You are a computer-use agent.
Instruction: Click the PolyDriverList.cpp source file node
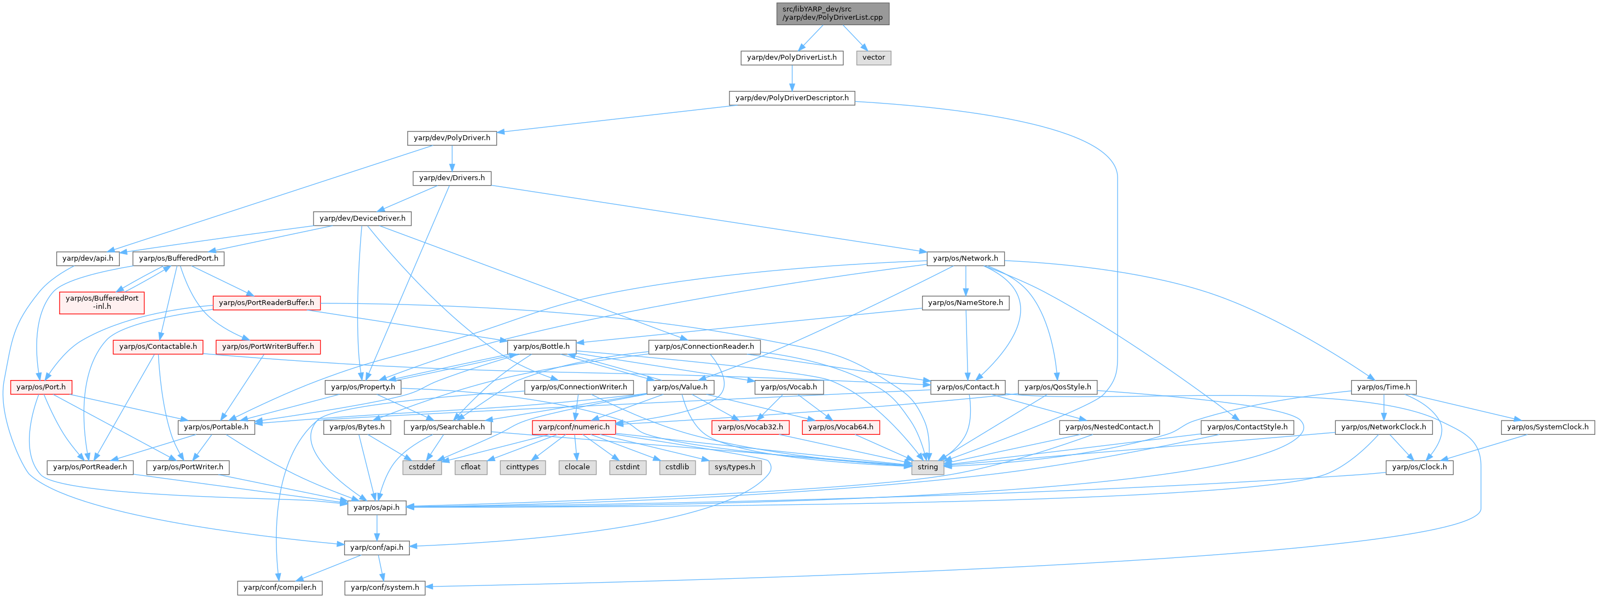(x=832, y=14)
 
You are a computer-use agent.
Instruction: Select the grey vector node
(x=873, y=58)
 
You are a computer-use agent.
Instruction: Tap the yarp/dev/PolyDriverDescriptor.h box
(x=791, y=98)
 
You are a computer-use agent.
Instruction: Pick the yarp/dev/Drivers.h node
(x=451, y=178)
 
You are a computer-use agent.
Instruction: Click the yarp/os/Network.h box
(x=965, y=258)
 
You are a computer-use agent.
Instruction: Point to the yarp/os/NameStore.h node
(x=965, y=303)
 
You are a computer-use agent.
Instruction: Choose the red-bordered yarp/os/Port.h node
(x=41, y=387)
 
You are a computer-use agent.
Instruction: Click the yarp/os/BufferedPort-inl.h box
(x=102, y=302)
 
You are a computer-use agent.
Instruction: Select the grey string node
(x=928, y=467)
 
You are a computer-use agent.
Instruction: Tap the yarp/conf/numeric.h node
(x=574, y=427)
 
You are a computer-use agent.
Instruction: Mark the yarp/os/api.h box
(x=377, y=507)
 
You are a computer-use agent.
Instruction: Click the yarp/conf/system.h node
(x=385, y=588)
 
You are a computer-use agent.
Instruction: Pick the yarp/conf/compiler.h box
(x=280, y=588)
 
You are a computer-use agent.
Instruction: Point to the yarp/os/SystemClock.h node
(x=1548, y=427)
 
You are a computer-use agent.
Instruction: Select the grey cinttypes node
(x=522, y=467)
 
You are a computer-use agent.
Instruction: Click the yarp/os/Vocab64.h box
(x=841, y=427)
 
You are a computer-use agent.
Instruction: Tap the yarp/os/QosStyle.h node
(x=1058, y=387)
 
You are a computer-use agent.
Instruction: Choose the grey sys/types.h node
(x=734, y=467)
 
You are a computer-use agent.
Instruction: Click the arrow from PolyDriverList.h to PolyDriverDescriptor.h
(x=791, y=78)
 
